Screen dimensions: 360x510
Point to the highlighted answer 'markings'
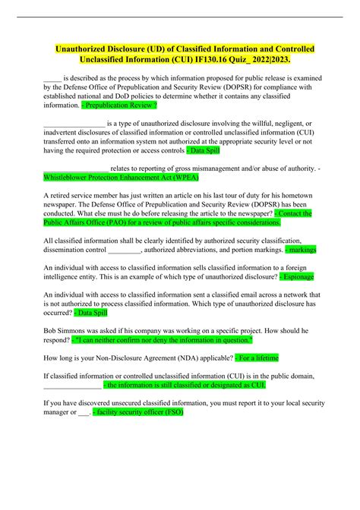pyautogui.click(x=300, y=249)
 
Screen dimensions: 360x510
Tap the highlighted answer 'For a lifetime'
pyautogui.click(x=261, y=358)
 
